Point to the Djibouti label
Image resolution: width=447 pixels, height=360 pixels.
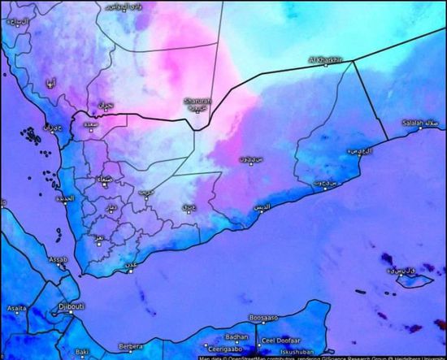[x=72, y=306]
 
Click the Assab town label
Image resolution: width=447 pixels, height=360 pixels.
[x=58, y=260]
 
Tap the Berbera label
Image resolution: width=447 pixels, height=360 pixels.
[x=129, y=346]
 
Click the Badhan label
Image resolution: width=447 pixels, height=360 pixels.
[x=237, y=336]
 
